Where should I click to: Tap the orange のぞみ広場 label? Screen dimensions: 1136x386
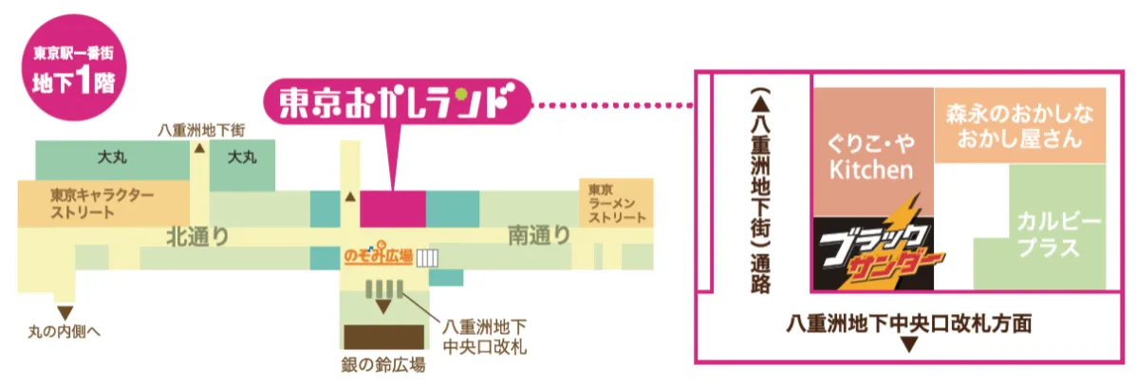click(x=378, y=256)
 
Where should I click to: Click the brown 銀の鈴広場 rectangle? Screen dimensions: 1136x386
click(x=383, y=337)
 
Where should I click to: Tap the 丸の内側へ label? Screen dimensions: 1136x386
click(x=63, y=332)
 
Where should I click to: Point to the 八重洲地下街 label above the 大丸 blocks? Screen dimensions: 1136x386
click(x=201, y=131)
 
